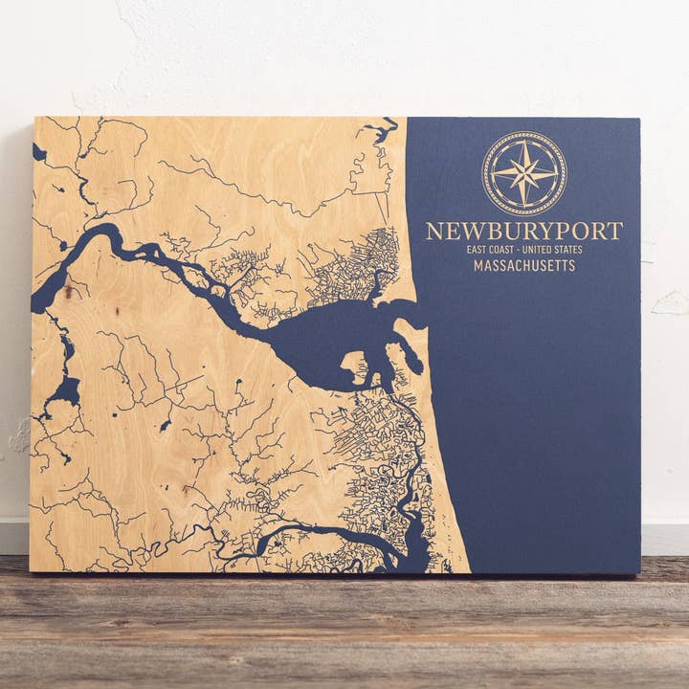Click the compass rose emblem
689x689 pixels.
(x=523, y=173)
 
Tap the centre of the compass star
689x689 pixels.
(x=523, y=173)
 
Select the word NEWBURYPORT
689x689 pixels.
(x=523, y=232)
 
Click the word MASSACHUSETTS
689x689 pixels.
(x=523, y=265)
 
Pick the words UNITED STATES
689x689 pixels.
(x=555, y=250)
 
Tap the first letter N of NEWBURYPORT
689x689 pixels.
(x=433, y=232)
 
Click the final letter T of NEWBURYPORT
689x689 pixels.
(x=616, y=232)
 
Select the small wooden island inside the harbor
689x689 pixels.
(x=354, y=364)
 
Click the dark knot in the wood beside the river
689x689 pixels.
(x=69, y=292)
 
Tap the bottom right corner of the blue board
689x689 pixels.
(x=638, y=571)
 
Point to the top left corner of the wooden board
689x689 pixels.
(x=34, y=119)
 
